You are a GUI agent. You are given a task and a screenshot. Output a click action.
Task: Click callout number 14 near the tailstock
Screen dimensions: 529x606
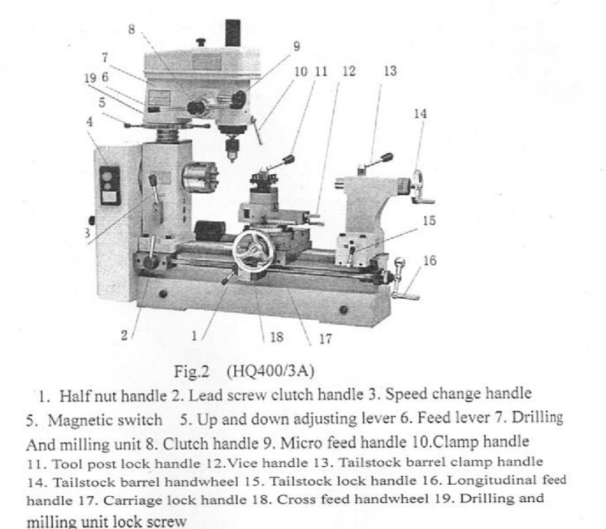(420, 114)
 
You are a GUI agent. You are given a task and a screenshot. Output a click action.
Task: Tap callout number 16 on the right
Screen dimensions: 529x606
(429, 261)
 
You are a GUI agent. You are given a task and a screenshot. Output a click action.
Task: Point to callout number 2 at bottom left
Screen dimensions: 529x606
(124, 335)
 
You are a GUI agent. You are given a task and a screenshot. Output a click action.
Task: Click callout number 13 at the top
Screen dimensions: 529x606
(389, 72)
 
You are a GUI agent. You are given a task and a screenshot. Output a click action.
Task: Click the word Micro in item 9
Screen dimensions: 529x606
(349, 442)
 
